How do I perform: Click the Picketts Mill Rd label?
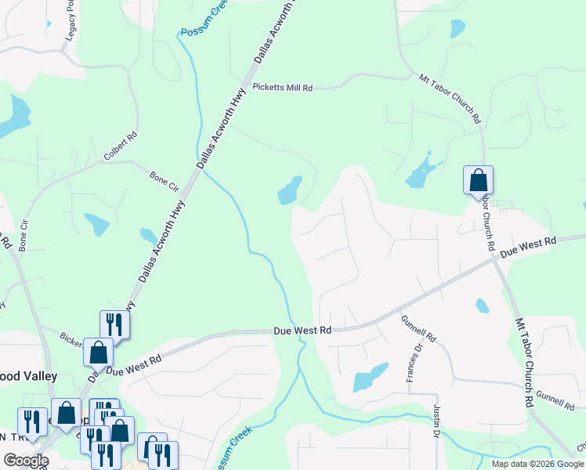coord(282,88)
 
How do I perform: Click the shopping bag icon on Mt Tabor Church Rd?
coord(478,182)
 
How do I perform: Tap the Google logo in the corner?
coord(26,461)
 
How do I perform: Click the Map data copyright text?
coord(537,464)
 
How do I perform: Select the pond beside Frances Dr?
coord(370,378)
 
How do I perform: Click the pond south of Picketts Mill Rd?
coord(289,190)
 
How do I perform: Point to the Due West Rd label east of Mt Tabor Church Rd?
coord(527,248)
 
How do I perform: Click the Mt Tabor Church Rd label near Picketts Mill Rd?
coord(450,99)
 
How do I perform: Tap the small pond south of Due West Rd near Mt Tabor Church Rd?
coord(483,305)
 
